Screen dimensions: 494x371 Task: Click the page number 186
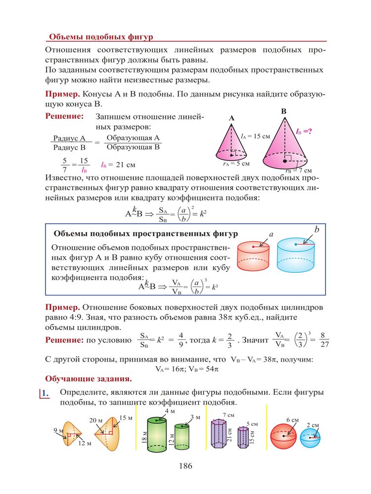[x=185, y=465]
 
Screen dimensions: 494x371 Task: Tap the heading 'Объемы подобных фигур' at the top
[x=101, y=37]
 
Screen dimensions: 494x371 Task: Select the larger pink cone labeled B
[x=283, y=146]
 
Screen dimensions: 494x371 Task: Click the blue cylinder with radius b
[x=295, y=255]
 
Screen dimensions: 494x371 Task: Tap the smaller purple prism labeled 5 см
[x=243, y=437]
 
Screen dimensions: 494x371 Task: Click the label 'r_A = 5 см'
[x=235, y=163]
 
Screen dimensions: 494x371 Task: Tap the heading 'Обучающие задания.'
[x=89, y=379]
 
